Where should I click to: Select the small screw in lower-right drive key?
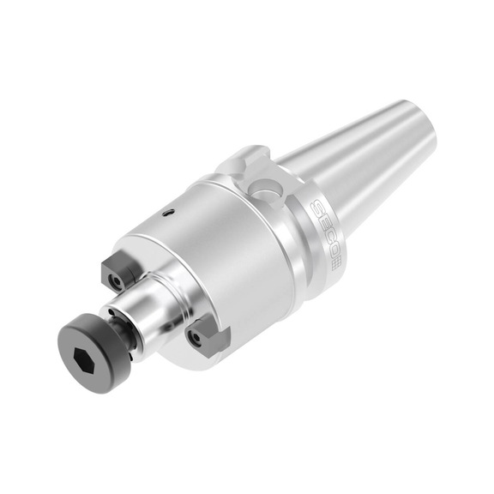198,338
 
